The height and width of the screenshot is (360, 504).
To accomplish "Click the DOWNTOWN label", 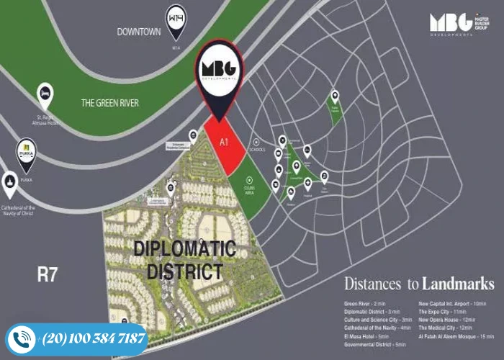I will [138, 32].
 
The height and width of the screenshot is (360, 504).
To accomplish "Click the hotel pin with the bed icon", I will [45, 94].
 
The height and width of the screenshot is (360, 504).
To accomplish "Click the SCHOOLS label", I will [259, 150].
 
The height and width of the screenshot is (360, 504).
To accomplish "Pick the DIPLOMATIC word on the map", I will [185, 248].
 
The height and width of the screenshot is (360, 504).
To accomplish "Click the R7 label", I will [48, 274].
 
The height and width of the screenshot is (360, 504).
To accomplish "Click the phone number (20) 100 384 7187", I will [94, 338].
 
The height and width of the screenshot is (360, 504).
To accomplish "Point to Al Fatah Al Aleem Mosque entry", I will [456, 336].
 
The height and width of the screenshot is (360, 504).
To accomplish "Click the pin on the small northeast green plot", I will [334, 96].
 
